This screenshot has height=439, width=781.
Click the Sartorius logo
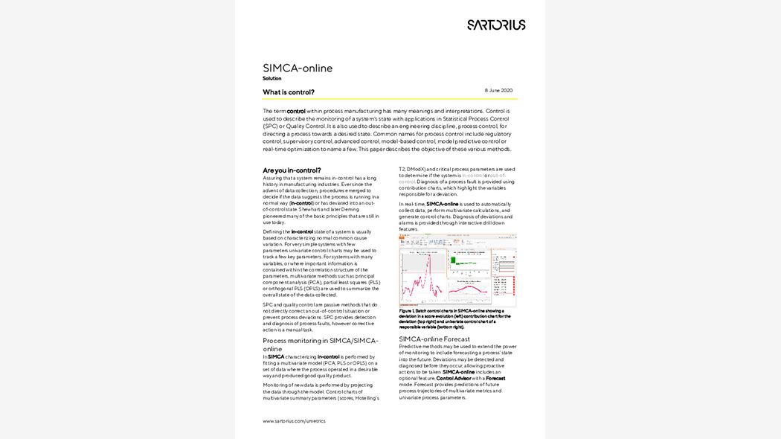coord(496,25)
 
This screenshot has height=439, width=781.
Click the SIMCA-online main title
coord(298,68)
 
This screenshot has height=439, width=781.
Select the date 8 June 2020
coord(498,90)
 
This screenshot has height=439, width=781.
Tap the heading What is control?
coord(289,92)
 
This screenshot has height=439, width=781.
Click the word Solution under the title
coord(271,78)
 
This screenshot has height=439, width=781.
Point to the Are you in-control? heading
coord(292,170)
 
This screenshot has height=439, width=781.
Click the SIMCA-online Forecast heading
coord(434,339)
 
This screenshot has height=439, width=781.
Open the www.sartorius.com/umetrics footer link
coord(293,421)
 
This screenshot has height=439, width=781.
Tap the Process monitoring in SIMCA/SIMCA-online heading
coord(320,345)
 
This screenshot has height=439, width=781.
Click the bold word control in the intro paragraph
coord(296,111)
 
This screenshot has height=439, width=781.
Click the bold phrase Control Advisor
coord(454,378)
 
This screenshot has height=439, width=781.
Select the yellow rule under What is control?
coord(390,99)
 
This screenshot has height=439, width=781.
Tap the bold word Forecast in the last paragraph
coord(495,378)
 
